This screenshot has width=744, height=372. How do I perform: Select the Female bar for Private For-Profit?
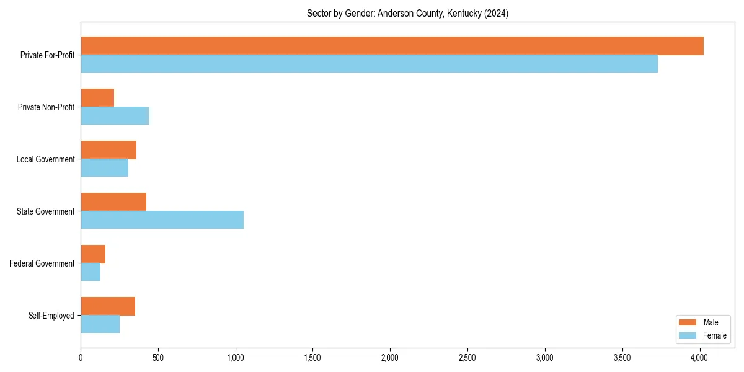tap(369, 64)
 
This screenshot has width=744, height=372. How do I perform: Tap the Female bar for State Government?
tap(162, 220)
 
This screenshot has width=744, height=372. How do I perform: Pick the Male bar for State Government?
tap(113, 202)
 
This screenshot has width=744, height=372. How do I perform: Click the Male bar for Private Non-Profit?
tap(97, 98)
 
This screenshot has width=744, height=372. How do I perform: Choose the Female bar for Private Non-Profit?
tap(115, 116)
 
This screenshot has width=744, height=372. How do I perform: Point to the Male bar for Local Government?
tap(108, 150)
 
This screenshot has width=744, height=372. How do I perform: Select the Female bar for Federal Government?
tap(91, 272)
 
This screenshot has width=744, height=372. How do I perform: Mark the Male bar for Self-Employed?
tap(108, 306)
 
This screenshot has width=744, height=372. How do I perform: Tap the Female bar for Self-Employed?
tap(100, 324)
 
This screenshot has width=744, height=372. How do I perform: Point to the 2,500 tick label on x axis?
tap(467, 358)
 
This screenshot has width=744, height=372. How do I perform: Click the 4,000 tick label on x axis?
tap(699, 358)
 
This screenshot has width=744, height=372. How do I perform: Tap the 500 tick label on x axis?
tap(158, 358)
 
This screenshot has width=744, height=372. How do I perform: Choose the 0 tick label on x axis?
tap(81, 358)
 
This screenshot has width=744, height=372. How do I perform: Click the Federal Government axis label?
tap(42, 263)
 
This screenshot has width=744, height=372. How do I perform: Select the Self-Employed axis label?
tap(51, 316)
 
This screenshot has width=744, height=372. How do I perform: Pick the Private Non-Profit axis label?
tap(46, 107)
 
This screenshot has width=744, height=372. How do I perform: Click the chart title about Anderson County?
tap(407, 14)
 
